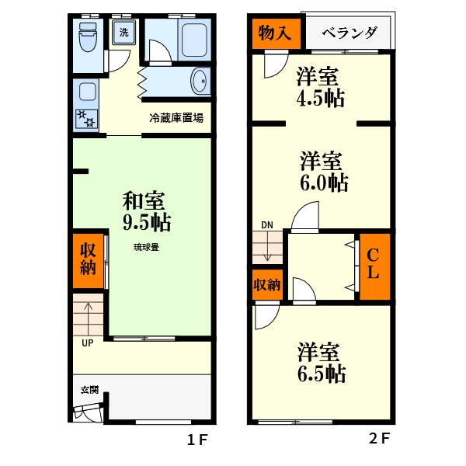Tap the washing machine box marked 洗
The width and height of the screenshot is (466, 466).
coord(123,33)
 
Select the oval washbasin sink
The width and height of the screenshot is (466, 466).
coord(200,81)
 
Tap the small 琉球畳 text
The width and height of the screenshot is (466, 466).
coord(146,248)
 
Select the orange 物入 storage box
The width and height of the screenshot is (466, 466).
coord(273,33)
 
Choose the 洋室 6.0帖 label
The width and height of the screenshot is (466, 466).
coord(322,172)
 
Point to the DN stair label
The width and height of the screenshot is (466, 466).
coord(267,225)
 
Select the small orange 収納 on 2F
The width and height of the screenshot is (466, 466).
coord(266,285)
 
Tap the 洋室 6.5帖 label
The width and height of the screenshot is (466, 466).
coord(320,362)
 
